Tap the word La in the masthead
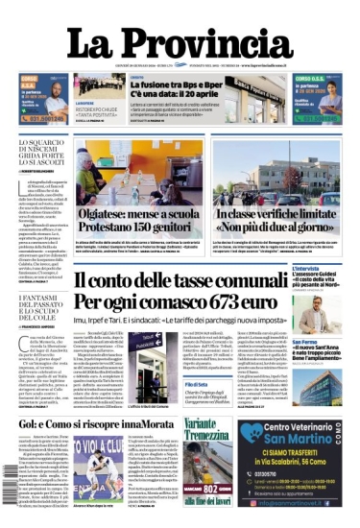(x=92, y=43)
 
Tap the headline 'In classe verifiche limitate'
(x=276, y=216)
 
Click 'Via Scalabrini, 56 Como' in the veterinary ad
(x=303, y=462)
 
